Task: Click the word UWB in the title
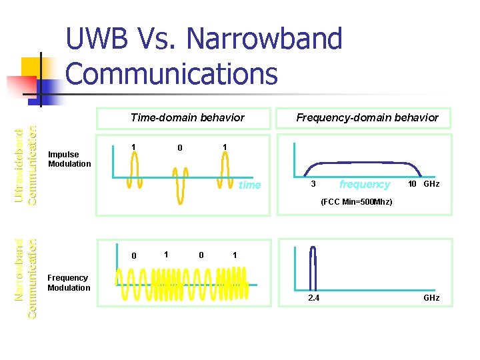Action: [x=108, y=40]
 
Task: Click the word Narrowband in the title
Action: [x=265, y=40]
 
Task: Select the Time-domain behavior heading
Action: [x=187, y=117]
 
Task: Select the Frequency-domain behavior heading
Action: [x=367, y=117]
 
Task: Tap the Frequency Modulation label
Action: [x=69, y=283]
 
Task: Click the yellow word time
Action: [x=250, y=185]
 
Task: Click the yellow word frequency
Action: [x=364, y=184]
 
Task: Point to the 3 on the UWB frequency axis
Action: [x=313, y=184]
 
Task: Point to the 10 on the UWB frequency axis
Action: [x=413, y=184]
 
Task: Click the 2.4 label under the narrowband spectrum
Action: [x=313, y=298]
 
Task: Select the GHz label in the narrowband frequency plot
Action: [x=431, y=298]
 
